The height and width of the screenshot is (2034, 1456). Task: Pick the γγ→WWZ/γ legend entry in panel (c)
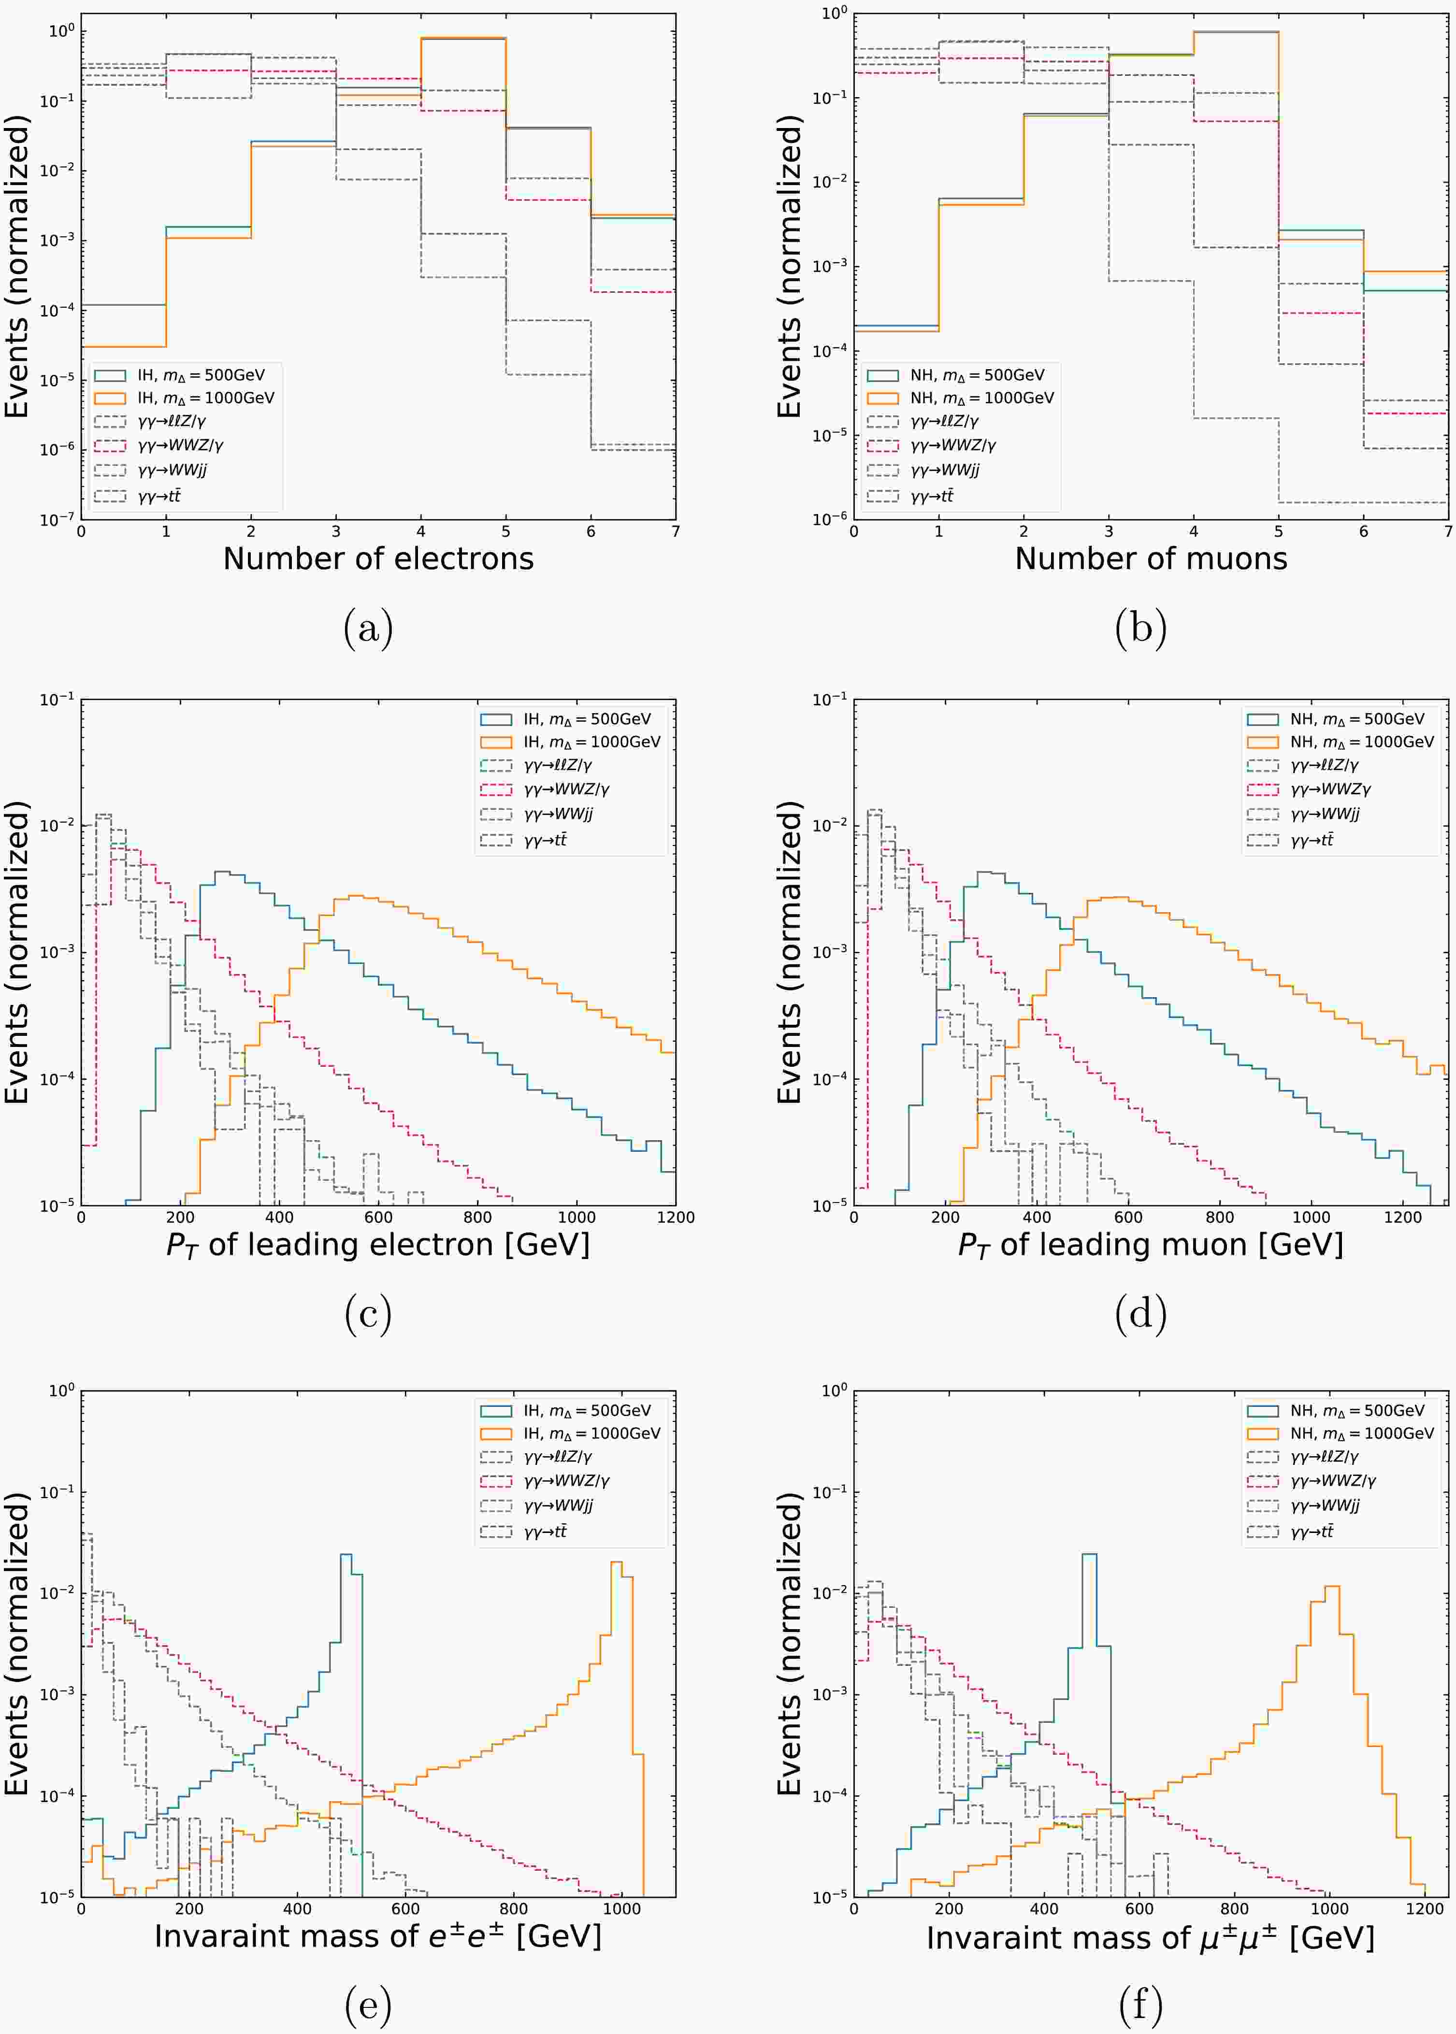coord(567,789)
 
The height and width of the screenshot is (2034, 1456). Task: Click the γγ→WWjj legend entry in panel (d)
coord(1325,814)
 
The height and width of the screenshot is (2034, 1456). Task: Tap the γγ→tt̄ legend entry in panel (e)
coord(545,1531)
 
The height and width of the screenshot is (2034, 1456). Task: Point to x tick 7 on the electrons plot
coord(675,531)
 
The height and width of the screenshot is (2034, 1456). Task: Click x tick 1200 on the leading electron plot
coord(675,1218)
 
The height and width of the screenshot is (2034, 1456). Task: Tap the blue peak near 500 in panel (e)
coord(345,1555)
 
